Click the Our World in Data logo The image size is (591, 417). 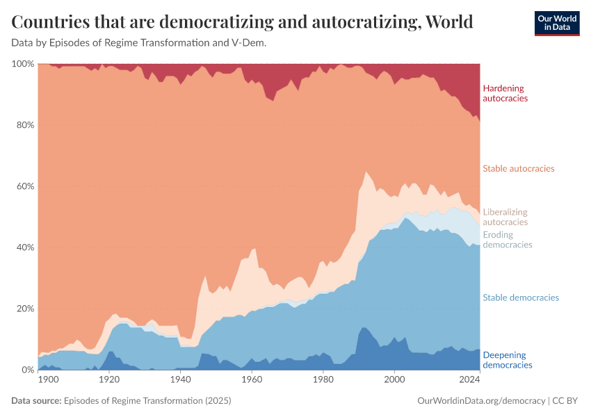(x=556, y=23)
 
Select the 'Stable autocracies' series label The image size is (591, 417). (x=518, y=169)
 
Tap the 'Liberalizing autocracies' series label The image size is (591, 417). (x=505, y=217)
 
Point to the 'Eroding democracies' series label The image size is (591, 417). (x=507, y=240)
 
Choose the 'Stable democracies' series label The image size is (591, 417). (x=521, y=297)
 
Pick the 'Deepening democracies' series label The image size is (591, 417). (x=507, y=360)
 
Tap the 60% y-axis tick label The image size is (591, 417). (x=25, y=186)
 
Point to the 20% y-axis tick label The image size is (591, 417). (x=25, y=309)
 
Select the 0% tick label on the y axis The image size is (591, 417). (x=28, y=370)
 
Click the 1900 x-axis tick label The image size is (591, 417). (x=49, y=380)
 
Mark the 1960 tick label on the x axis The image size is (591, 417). (x=252, y=380)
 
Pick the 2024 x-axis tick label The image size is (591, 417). (x=470, y=380)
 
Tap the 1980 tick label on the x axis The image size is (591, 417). (x=323, y=380)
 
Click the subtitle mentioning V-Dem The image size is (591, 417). (x=139, y=43)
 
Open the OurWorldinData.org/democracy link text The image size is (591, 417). (x=481, y=401)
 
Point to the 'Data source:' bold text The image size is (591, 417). (x=36, y=401)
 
